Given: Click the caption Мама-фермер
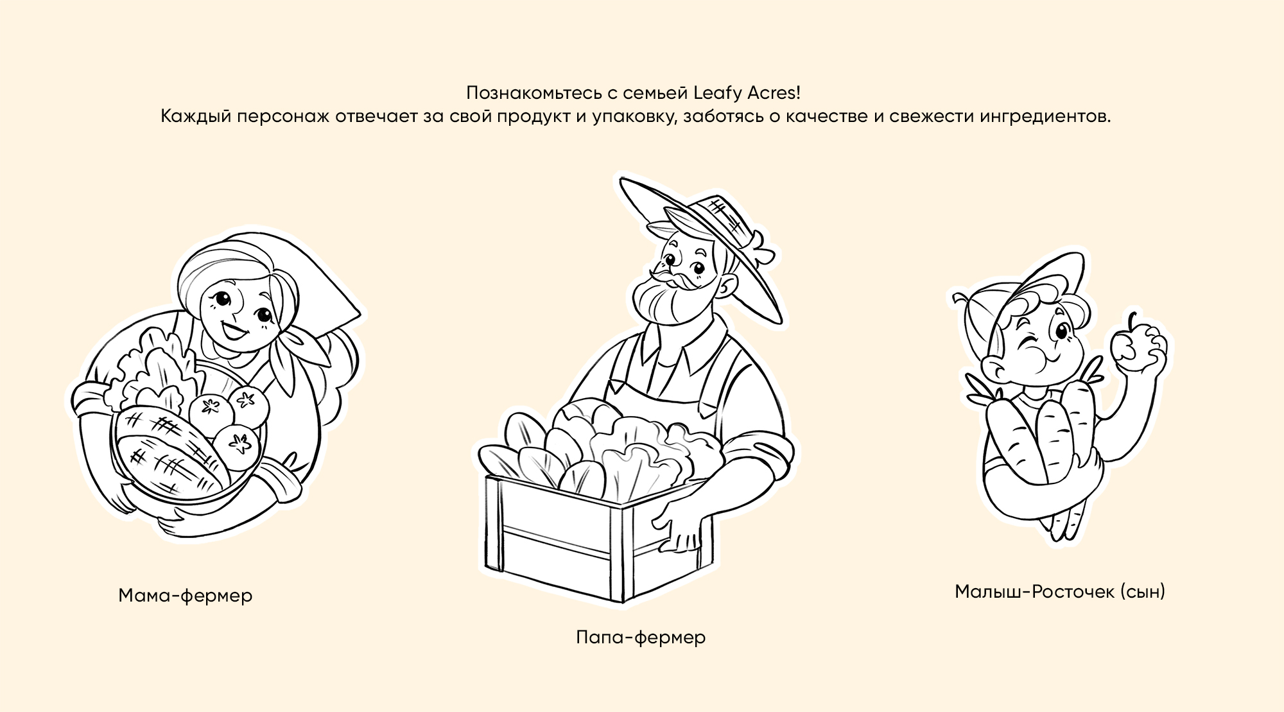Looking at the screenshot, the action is point(186,596).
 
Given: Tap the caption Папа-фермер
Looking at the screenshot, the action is point(641,638).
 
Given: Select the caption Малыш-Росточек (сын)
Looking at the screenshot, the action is point(1060,591).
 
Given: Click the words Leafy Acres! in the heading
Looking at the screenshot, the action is point(747,93).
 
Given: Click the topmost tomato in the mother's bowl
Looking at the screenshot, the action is point(248,401).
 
